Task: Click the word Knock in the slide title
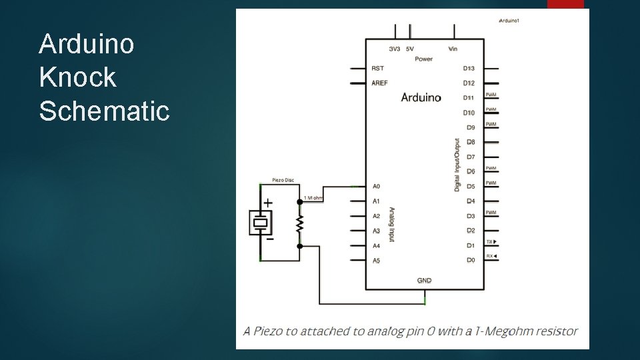(x=77, y=77)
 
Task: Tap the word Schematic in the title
(x=105, y=111)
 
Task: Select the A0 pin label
(x=376, y=187)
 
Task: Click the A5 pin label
(x=376, y=260)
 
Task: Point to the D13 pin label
(x=469, y=69)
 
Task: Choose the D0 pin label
(x=470, y=260)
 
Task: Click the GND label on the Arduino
(x=424, y=281)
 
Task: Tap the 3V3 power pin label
(x=395, y=49)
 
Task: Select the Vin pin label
(x=453, y=49)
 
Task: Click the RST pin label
(x=377, y=69)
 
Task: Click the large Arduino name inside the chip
(x=421, y=97)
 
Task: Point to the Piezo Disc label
(x=283, y=179)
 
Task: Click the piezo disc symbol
(x=260, y=222)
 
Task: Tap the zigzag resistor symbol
(x=300, y=223)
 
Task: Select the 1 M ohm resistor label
(x=313, y=198)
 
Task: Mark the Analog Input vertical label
(x=392, y=224)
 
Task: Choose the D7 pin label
(x=470, y=157)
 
